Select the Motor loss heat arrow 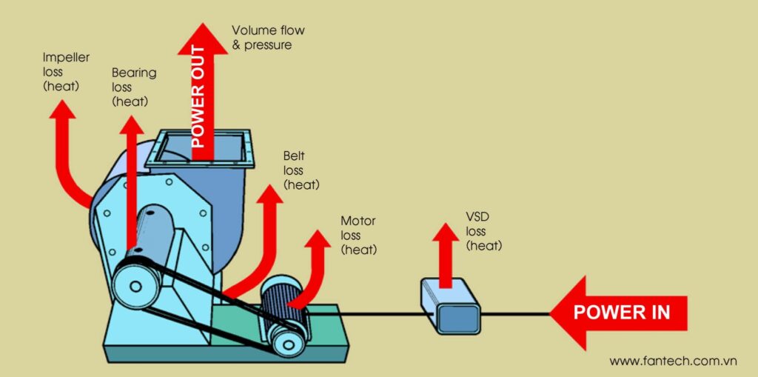[x=318, y=259]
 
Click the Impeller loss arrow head [x=62, y=109]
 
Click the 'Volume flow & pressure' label [x=267, y=38]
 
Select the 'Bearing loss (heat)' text [x=133, y=87]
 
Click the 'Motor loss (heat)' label [x=358, y=236]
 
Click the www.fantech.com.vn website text [x=673, y=361]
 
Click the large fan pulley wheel [x=135, y=281]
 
